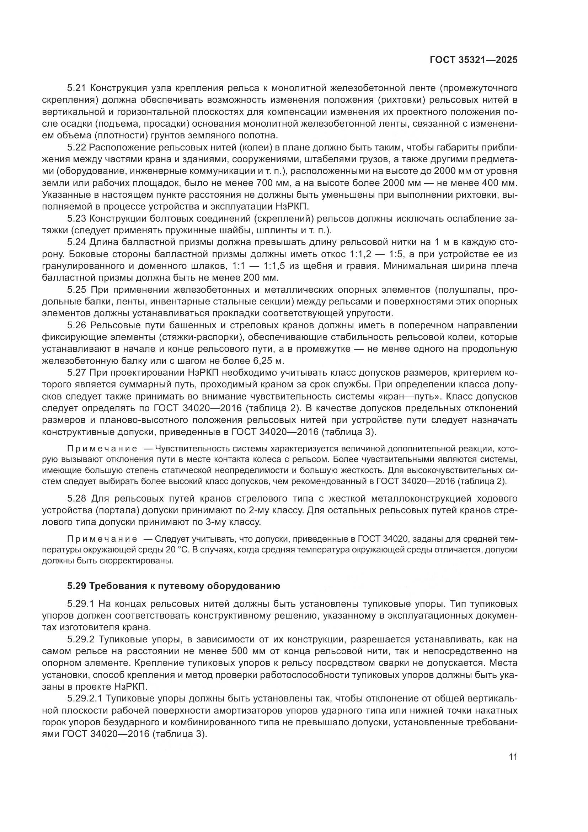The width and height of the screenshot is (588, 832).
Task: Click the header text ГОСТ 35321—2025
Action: click(x=474, y=60)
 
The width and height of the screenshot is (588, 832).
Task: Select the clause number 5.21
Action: click(x=76, y=88)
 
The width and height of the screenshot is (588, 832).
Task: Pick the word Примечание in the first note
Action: click(x=102, y=449)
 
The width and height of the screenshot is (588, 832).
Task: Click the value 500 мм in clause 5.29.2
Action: click(x=249, y=661)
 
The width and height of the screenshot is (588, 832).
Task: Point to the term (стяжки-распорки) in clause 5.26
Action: click(x=201, y=337)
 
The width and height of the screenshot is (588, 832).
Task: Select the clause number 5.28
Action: click(x=76, y=499)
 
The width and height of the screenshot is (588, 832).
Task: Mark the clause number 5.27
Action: click(x=76, y=373)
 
